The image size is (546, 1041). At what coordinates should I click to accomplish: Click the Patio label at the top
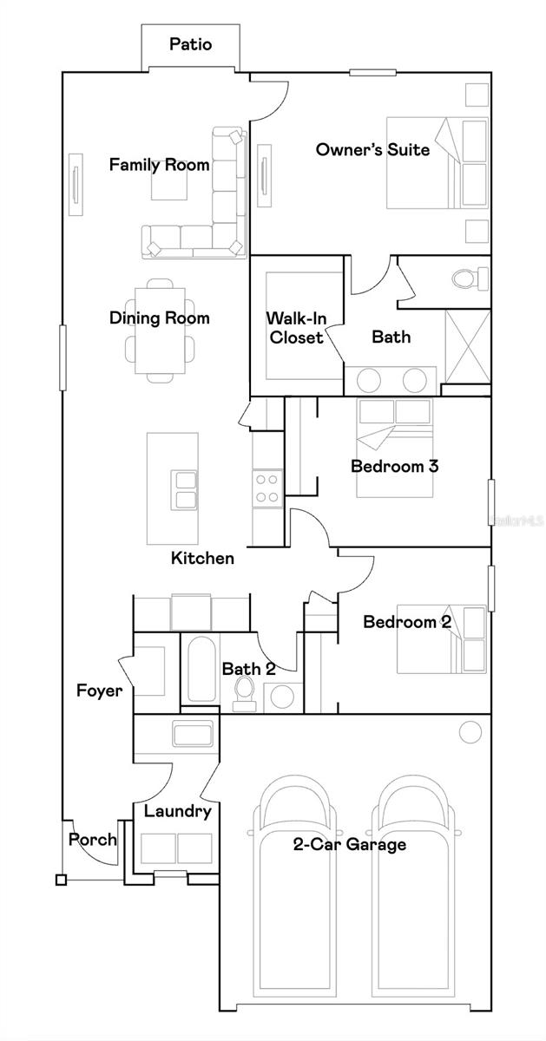(x=190, y=44)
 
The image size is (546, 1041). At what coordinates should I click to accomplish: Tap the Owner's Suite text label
(x=372, y=150)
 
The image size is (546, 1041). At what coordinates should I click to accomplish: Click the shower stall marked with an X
(x=466, y=345)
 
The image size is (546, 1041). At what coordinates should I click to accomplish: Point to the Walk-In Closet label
(x=296, y=328)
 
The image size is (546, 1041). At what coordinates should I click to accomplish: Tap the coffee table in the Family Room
(x=168, y=184)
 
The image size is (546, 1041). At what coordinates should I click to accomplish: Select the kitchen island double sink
(x=184, y=489)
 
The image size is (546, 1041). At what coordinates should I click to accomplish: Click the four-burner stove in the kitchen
(x=266, y=488)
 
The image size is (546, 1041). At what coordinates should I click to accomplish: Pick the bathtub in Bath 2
(x=200, y=670)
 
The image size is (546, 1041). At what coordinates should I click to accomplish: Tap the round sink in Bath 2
(x=280, y=695)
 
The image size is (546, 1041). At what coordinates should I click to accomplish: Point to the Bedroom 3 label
(x=394, y=467)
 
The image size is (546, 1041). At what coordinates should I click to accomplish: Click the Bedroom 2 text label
(x=406, y=622)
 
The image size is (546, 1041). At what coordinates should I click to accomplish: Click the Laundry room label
(x=177, y=812)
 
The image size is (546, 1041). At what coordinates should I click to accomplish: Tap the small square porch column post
(x=60, y=880)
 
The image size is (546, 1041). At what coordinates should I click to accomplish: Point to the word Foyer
(x=99, y=691)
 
